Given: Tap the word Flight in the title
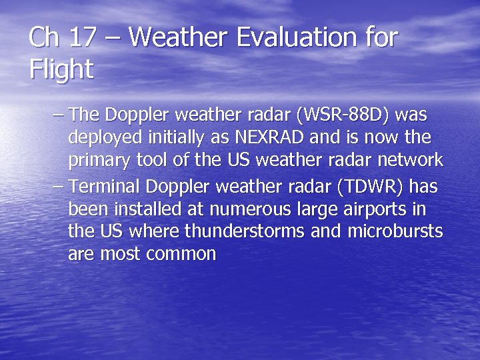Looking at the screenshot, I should click(x=61, y=69).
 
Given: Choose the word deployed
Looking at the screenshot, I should click(x=105, y=137).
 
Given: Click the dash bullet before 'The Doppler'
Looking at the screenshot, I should click(x=58, y=115).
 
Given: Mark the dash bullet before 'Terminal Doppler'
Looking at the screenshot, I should click(x=58, y=187).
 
